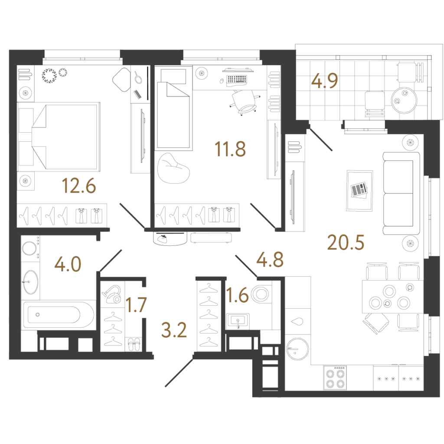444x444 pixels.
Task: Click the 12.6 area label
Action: click(x=79, y=186)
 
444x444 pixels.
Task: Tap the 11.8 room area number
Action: click(x=230, y=149)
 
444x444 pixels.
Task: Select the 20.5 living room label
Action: click(x=346, y=243)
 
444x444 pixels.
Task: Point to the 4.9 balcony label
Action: click(x=324, y=81)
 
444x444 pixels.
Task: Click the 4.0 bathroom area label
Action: click(x=68, y=264)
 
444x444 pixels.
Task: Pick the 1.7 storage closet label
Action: click(x=136, y=305)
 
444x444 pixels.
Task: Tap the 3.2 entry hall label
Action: click(x=174, y=330)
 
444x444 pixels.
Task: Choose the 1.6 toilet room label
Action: click(x=238, y=295)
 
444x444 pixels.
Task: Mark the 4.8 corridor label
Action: click(x=270, y=259)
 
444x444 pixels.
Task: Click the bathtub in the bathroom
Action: click(x=59, y=315)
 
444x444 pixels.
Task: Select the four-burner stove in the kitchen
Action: click(x=335, y=378)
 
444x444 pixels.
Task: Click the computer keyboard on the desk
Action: click(x=237, y=79)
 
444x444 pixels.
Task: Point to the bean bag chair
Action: click(x=173, y=168)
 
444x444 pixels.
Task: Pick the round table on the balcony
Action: click(x=404, y=100)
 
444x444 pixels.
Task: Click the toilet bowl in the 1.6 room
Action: click(x=260, y=294)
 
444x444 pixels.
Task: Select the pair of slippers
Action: click(x=134, y=344)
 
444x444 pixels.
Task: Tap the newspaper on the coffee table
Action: click(x=359, y=189)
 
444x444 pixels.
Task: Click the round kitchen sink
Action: click(x=297, y=349)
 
